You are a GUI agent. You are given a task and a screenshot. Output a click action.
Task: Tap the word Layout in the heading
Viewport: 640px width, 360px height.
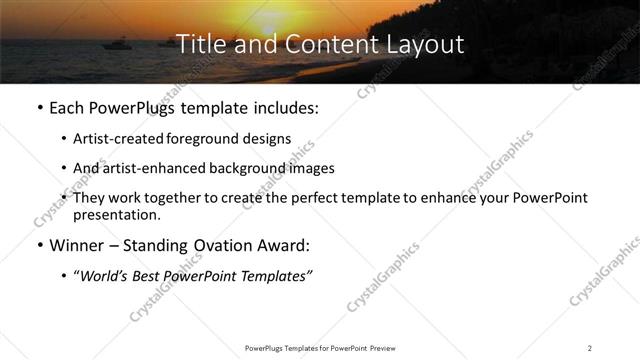(x=425, y=44)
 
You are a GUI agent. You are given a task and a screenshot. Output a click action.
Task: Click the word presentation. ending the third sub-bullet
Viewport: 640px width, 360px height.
(x=116, y=215)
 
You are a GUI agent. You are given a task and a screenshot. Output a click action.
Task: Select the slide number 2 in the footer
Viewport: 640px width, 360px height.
(x=590, y=347)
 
